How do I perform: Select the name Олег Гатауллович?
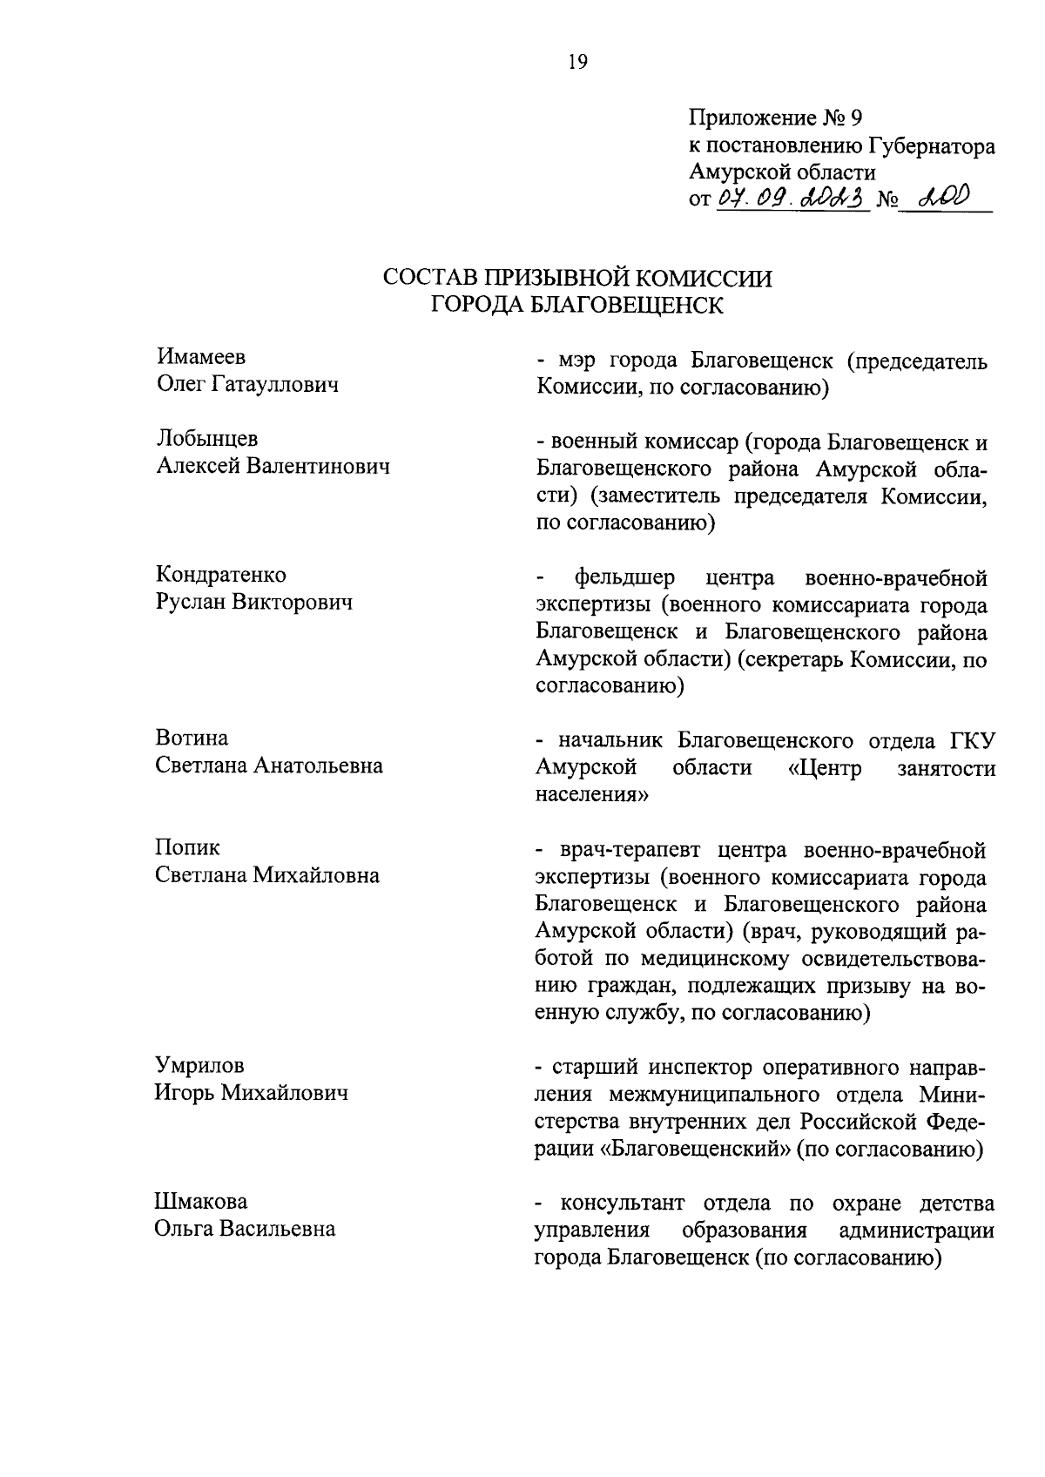[x=247, y=384]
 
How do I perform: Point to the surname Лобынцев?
[x=207, y=438]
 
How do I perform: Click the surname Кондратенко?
[x=221, y=575]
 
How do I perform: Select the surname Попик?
[x=188, y=847]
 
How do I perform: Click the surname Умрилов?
[x=199, y=1064]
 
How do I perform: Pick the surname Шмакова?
[x=201, y=1201]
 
